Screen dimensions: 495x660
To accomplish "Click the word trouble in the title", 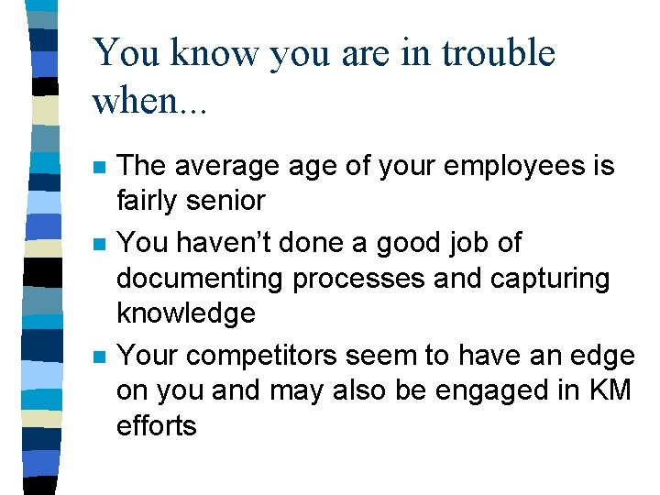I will pyautogui.click(x=499, y=53).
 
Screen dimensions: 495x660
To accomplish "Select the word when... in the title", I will pyautogui.click(x=150, y=101).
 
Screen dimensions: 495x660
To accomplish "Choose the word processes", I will pyautogui.click(x=365, y=278).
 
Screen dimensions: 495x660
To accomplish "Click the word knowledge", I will pyautogui.click(x=185, y=313).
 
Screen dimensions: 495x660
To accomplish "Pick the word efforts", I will pyautogui.click(x=156, y=424).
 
